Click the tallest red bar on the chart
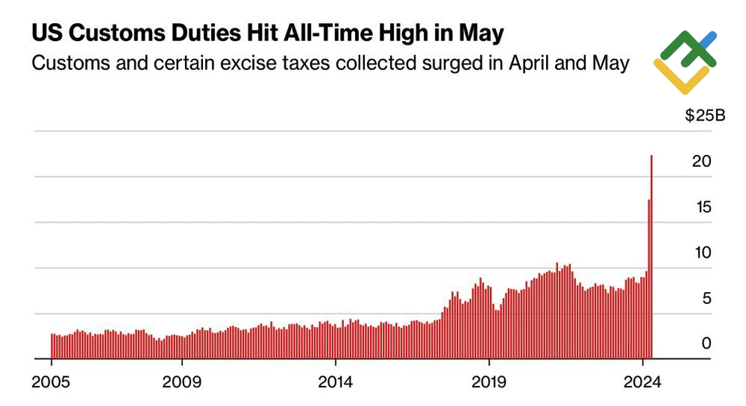652,257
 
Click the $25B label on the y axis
706,115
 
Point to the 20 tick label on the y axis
700,161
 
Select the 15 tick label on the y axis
700,206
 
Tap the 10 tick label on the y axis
700,253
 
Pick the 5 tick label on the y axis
706,299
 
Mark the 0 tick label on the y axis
706,343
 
